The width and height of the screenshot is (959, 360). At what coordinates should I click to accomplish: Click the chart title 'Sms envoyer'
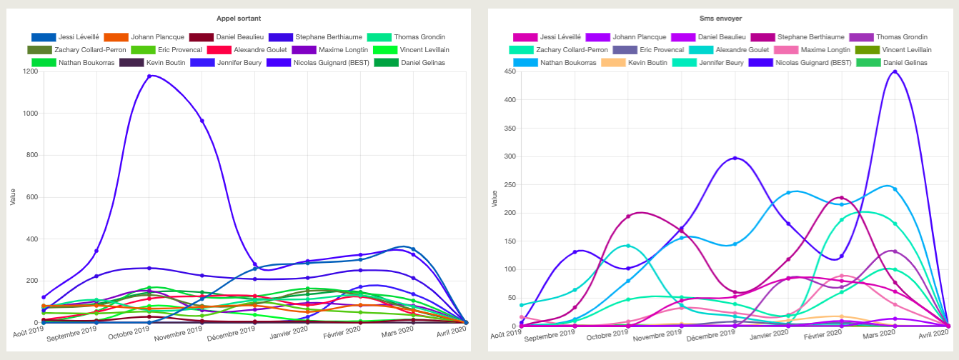pos(719,17)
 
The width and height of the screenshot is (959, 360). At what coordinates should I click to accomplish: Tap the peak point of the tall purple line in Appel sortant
pos(149,76)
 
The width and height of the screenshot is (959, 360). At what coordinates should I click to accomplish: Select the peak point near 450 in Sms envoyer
pos(895,71)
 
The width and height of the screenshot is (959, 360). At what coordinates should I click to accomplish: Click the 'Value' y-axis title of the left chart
pos(12,197)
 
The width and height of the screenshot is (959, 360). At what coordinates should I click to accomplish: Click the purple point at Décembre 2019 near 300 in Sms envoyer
pos(735,158)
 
